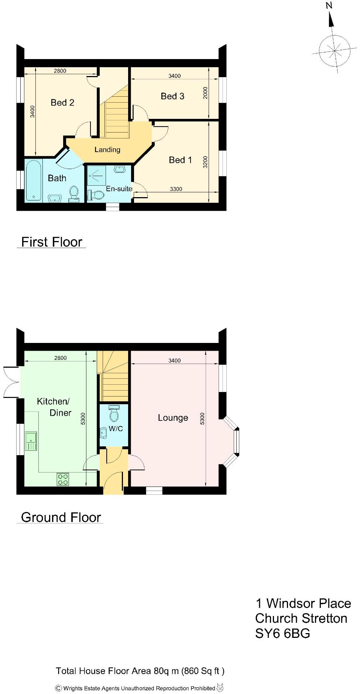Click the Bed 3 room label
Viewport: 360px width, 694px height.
pos(172,96)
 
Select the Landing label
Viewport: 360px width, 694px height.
pos(107,150)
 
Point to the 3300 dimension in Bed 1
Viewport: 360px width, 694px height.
pos(176,189)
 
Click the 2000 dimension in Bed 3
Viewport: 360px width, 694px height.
pos(206,93)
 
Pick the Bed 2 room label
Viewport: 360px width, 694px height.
pos(62,103)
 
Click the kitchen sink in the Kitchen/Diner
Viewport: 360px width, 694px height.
pos(31,441)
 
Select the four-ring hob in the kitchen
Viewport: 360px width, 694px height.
pos(62,479)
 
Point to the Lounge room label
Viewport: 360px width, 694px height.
pos(173,418)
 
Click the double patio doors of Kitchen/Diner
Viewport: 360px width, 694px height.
pos(11,382)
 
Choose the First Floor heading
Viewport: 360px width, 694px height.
pos(51,242)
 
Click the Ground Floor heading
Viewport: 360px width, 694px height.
pos(61,517)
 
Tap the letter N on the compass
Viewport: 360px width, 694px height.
pos(329,5)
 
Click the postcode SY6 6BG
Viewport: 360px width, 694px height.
pos(282,633)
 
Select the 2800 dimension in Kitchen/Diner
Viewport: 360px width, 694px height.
pos(61,358)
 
